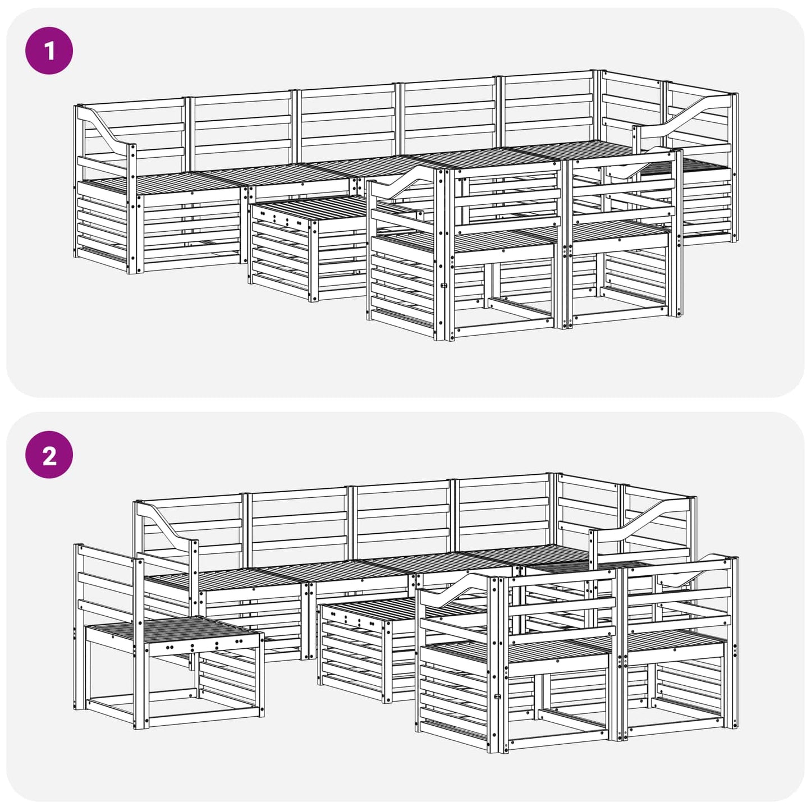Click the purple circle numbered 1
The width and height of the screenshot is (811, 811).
pos(49,51)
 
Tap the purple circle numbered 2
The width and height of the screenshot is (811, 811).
pos(49,455)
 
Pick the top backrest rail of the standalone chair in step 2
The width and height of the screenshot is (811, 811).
pos(108,554)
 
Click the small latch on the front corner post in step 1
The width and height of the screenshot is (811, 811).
pos(443,285)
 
